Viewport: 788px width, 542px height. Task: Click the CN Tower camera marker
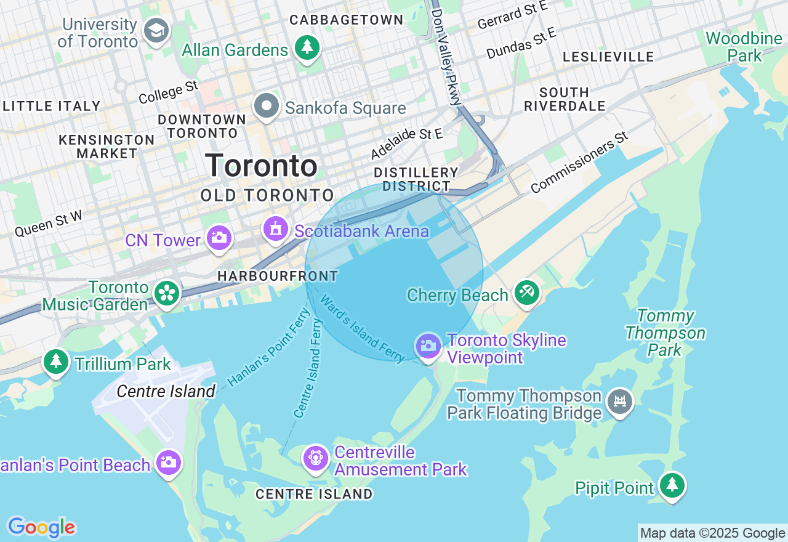point(219,237)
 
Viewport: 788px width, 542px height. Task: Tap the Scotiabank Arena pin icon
point(275,229)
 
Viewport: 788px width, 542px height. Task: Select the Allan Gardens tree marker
point(307,47)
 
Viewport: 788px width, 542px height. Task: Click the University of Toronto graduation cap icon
point(156,30)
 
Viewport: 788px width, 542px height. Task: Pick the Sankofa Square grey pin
point(267,106)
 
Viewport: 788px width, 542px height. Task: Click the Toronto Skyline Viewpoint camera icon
point(428,346)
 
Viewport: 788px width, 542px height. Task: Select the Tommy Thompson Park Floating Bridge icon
point(620,402)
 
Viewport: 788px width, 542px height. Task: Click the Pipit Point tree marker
point(672,485)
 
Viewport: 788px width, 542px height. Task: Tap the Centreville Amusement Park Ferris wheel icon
point(316,458)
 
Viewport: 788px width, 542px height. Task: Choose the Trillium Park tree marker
point(56,361)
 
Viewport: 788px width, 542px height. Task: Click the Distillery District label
point(416,179)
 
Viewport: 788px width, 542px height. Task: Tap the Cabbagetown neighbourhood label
point(347,20)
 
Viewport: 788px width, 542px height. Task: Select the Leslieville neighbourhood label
point(608,57)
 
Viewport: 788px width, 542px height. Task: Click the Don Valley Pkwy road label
point(446,57)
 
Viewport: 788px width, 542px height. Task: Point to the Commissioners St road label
point(579,162)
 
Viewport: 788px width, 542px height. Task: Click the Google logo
point(41,527)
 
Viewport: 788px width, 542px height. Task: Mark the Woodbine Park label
point(744,47)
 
